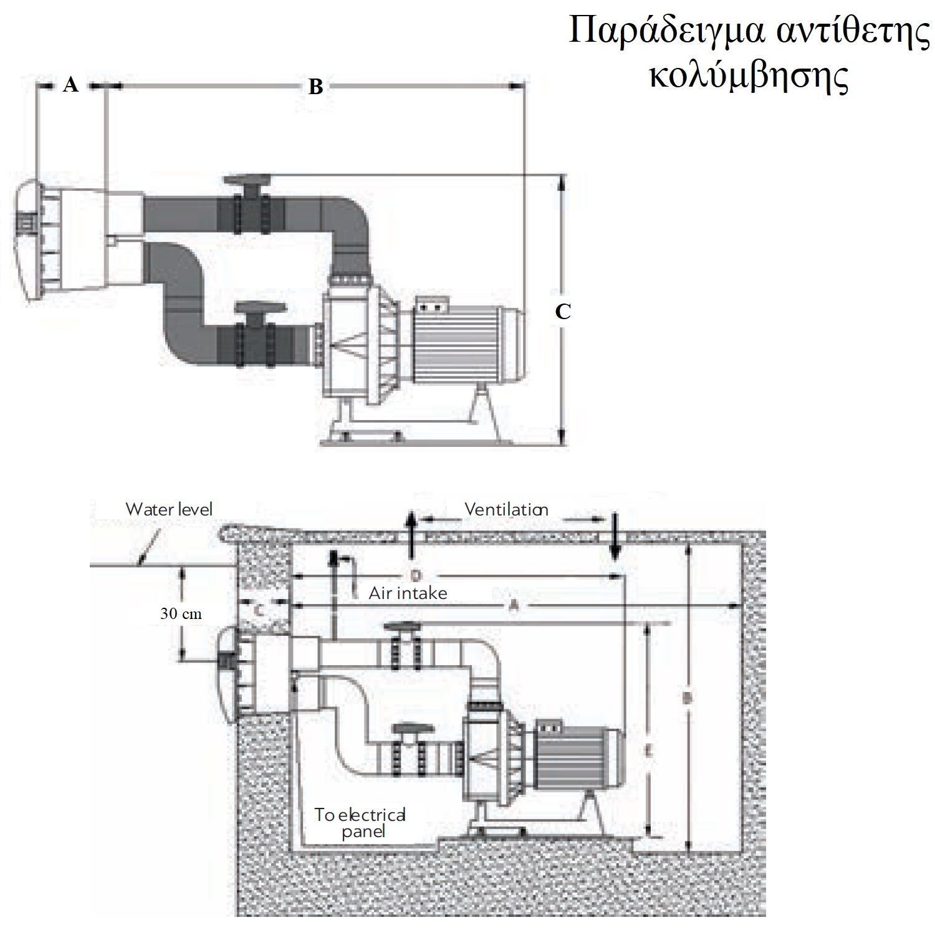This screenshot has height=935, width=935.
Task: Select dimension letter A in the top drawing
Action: [71, 84]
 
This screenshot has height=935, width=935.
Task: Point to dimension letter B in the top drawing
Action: [316, 87]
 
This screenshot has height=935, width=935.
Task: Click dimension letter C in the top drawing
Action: [563, 311]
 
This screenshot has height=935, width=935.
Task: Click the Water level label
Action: [169, 509]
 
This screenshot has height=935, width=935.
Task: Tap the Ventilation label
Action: [506, 510]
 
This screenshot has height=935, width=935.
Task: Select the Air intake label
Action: [408, 593]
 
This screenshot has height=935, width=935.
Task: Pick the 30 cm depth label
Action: [181, 613]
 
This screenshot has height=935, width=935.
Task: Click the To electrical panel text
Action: [360, 823]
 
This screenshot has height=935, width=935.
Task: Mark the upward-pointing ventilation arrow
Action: [410, 533]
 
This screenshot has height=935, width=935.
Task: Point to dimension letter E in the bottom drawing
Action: [648, 753]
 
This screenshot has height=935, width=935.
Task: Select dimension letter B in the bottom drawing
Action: [687, 699]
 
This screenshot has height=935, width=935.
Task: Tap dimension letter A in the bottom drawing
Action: [514, 605]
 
